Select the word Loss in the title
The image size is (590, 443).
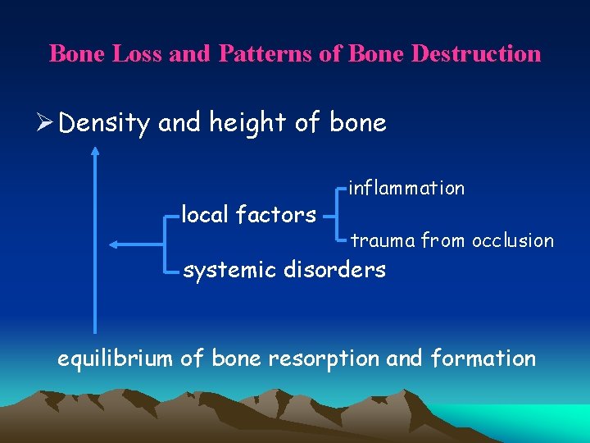point(134,54)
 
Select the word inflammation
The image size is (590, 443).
point(407,188)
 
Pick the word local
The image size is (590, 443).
point(205,215)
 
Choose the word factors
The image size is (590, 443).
point(276,215)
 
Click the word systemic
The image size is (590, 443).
point(229,269)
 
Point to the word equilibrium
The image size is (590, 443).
point(116,359)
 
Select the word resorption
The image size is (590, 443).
point(335,359)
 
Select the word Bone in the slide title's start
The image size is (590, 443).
point(75,54)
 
